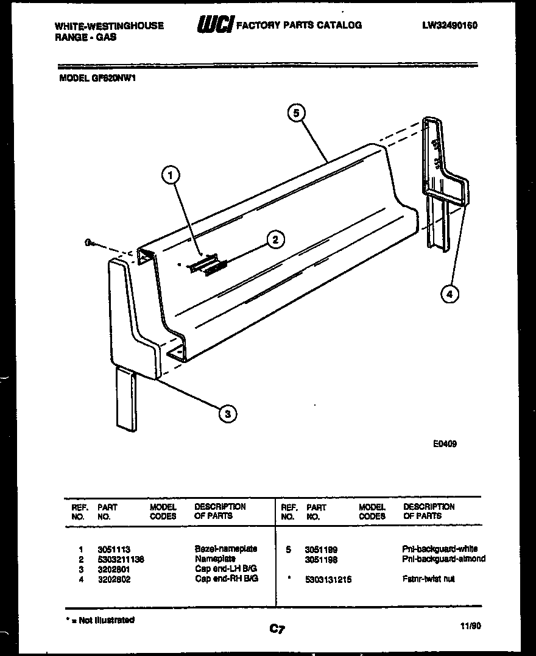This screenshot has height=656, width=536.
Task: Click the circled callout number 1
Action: click(x=171, y=175)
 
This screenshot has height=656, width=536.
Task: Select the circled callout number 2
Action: click(x=276, y=239)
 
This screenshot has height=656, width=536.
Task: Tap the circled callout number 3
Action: click(x=227, y=414)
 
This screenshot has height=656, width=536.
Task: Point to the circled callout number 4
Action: click(x=450, y=294)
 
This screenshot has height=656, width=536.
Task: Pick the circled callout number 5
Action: click(x=296, y=113)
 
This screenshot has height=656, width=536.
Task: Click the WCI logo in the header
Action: click(x=214, y=26)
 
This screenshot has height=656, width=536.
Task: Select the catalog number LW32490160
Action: click(x=449, y=26)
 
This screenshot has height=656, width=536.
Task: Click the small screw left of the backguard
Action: click(x=90, y=243)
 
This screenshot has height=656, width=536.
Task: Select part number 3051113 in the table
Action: click(x=114, y=549)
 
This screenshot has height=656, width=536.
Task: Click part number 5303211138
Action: click(x=121, y=559)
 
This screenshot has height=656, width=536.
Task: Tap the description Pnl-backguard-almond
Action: click(x=444, y=559)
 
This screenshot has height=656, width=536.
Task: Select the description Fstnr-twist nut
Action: click(x=429, y=579)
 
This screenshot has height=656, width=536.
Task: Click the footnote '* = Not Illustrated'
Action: click(x=100, y=620)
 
